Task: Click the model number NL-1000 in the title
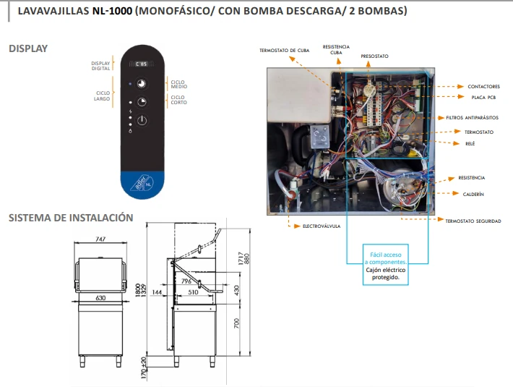tap(112, 11)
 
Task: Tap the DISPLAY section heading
tap(28, 48)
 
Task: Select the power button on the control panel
tap(142, 120)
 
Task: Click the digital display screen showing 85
tap(142, 64)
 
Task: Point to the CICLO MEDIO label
tap(179, 84)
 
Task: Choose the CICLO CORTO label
tap(178, 100)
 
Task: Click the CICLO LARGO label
tap(103, 96)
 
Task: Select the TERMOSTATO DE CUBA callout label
tap(284, 51)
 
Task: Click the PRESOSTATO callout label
tap(374, 56)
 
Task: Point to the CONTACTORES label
tap(483, 86)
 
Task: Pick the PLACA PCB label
tap(483, 97)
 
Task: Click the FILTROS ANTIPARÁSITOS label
tap(472, 117)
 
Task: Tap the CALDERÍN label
tap(473, 194)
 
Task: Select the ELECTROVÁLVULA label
tap(322, 226)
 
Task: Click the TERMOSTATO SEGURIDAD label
tap(473, 221)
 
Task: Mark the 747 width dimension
tap(100, 239)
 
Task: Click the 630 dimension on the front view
tap(100, 297)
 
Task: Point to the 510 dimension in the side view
tap(193, 292)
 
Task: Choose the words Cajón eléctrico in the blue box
tap(385, 270)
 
